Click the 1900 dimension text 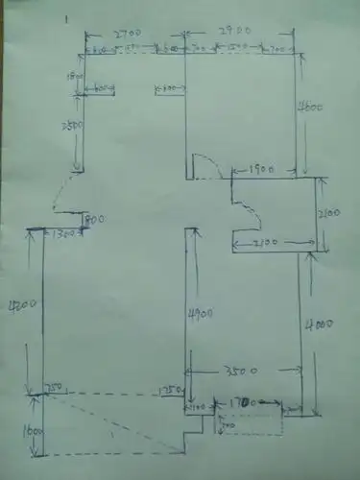(x=261, y=170)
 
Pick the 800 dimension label (x=94, y=220)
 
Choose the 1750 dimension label (x=169, y=392)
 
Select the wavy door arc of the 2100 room (x=248, y=215)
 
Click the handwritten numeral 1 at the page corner (x=64, y=18)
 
